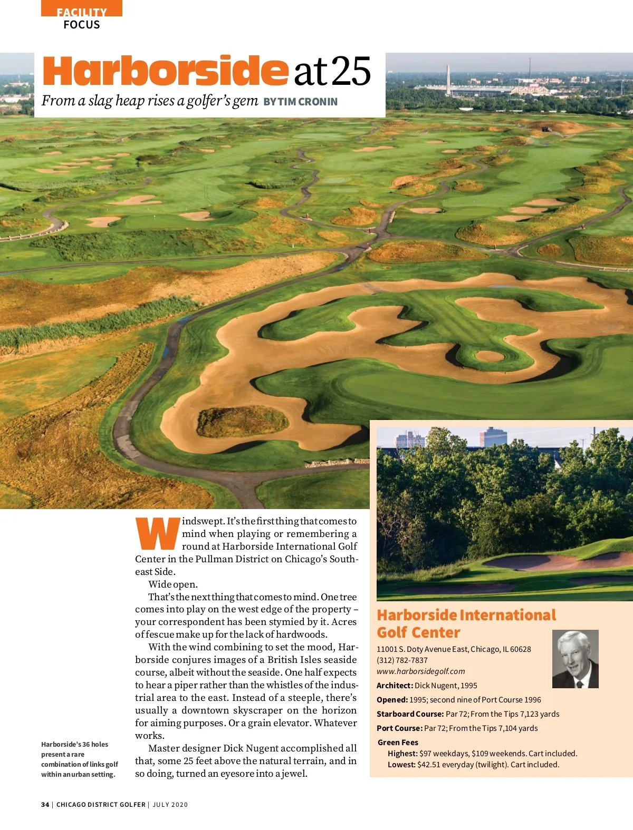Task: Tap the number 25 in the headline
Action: pyautogui.click(x=351, y=72)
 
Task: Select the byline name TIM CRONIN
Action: pyautogui.click(x=308, y=102)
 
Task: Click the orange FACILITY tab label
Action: pyautogui.click(x=82, y=12)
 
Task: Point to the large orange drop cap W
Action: pyautogui.click(x=158, y=534)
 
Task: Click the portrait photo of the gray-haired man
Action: pyautogui.click(x=575, y=659)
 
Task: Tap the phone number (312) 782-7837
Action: pyautogui.click(x=402, y=660)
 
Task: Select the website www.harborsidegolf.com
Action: pyautogui.click(x=420, y=671)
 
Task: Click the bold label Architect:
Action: pyautogui.click(x=395, y=686)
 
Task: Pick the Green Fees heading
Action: pyautogui.click(x=398, y=743)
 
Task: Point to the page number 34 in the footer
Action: pyautogui.click(x=45, y=805)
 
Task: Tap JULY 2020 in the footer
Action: pyautogui.click(x=170, y=805)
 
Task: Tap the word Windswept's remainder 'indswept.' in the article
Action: pyautogui.click(x=204, y=521)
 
